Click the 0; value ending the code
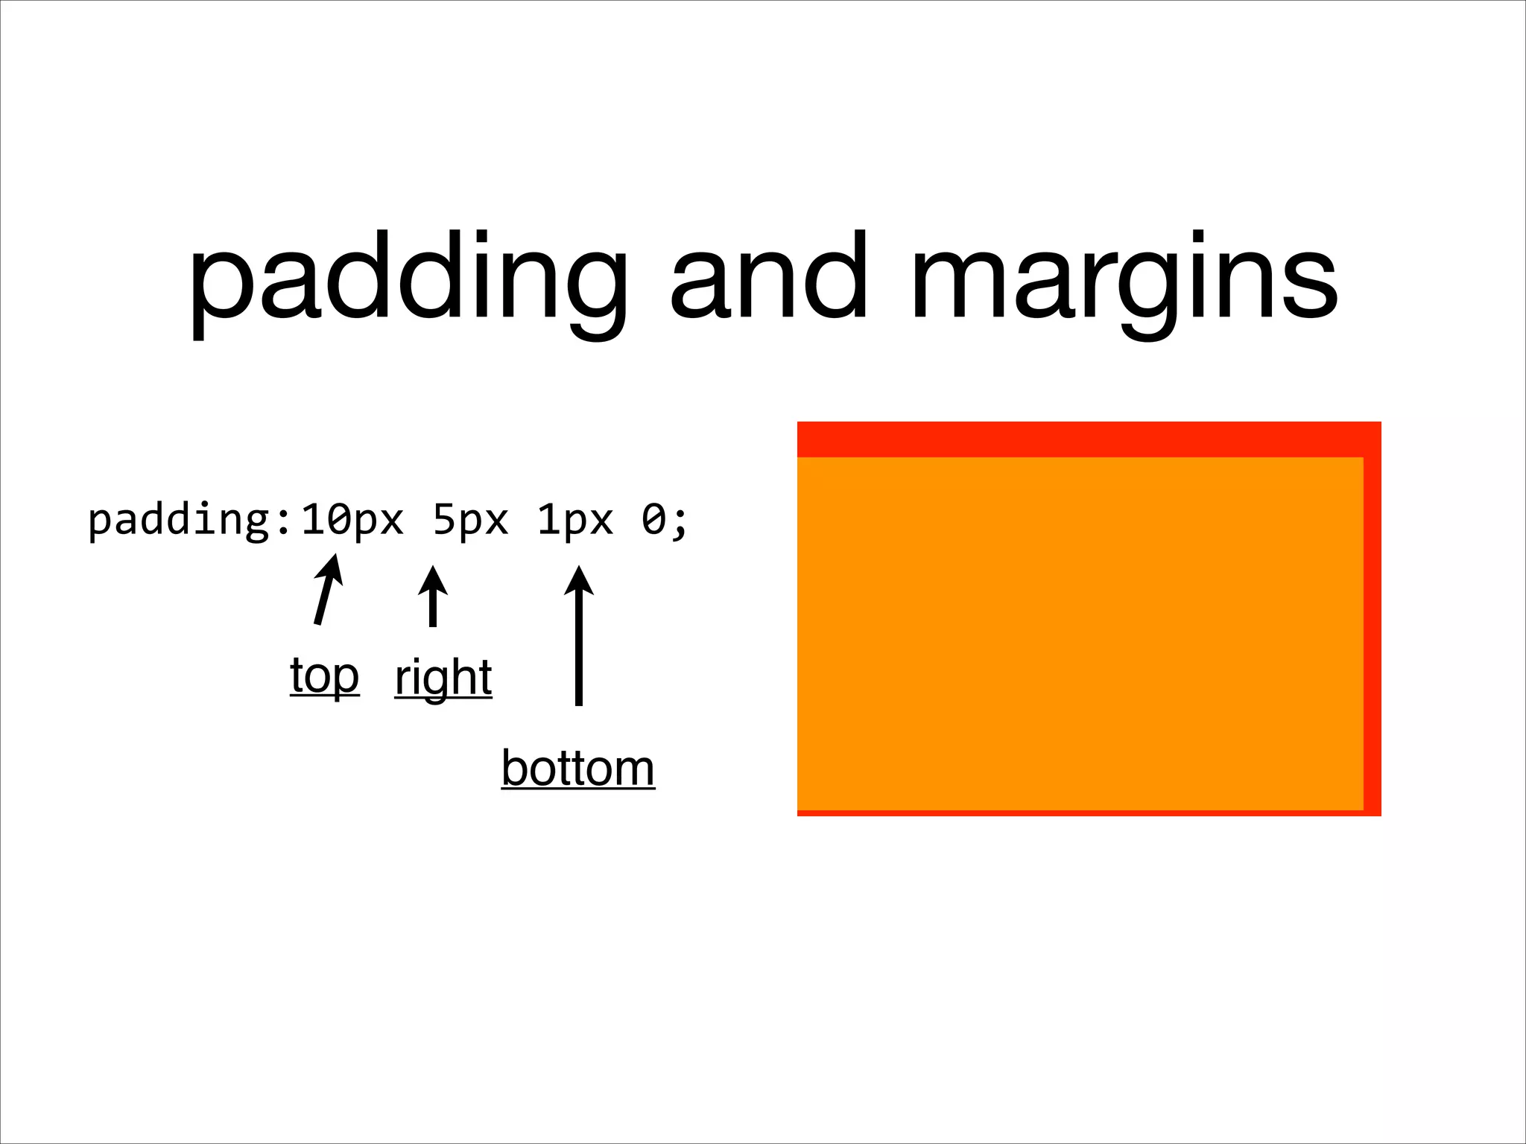point(664,520)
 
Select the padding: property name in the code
point(190,520)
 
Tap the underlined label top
point(325,676)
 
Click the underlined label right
point(443,678)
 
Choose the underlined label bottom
point(578,769)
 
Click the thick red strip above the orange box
point(1088,439)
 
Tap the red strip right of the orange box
point(1373,633)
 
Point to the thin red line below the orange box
point(1080,813)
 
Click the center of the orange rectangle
point(1080,633)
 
